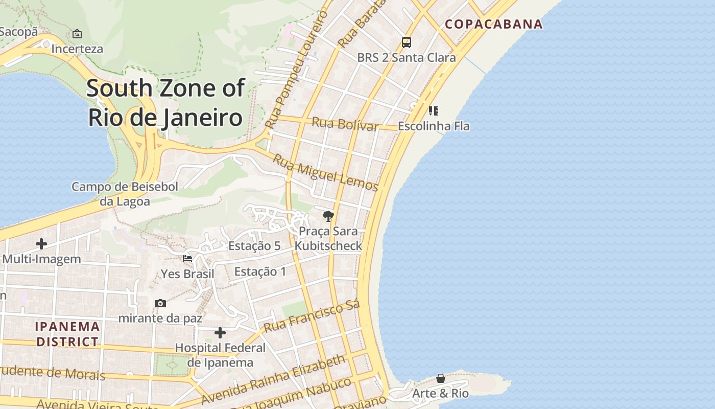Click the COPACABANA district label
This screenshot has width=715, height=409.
(x=493, y=24)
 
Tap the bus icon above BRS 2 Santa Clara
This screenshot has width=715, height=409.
(x=407, y=42)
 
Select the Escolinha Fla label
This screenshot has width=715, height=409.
(x=434, y=126)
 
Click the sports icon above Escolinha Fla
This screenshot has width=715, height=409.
(x=434, y=110)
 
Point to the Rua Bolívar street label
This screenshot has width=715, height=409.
(x=345, y=124)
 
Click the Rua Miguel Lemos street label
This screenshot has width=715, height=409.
(x=325, y=172)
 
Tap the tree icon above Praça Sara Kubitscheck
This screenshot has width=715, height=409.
(x=328, y=216)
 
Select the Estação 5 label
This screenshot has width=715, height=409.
(x=254, y=246)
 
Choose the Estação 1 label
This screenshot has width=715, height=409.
(x=260, y=271)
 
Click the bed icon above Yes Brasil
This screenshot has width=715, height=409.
(x=187, y=259)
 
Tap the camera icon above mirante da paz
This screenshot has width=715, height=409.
(x=160, y=303)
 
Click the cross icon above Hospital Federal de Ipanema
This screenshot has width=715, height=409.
(x=220, y=333)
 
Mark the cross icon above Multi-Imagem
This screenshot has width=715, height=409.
(x=41, y=244)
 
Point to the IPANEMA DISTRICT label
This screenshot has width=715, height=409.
(x=67, y=334)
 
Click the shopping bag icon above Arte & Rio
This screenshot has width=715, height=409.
(x=440, y=378)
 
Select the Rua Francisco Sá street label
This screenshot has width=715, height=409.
(x=312, y=315)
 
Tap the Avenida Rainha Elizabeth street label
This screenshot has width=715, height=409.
(x=273, y=380)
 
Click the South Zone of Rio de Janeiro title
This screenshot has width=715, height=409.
(x=165, y=102)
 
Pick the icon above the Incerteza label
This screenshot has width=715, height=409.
(x=77, y=34)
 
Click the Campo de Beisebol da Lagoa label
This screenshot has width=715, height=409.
(x=125, y=194)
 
